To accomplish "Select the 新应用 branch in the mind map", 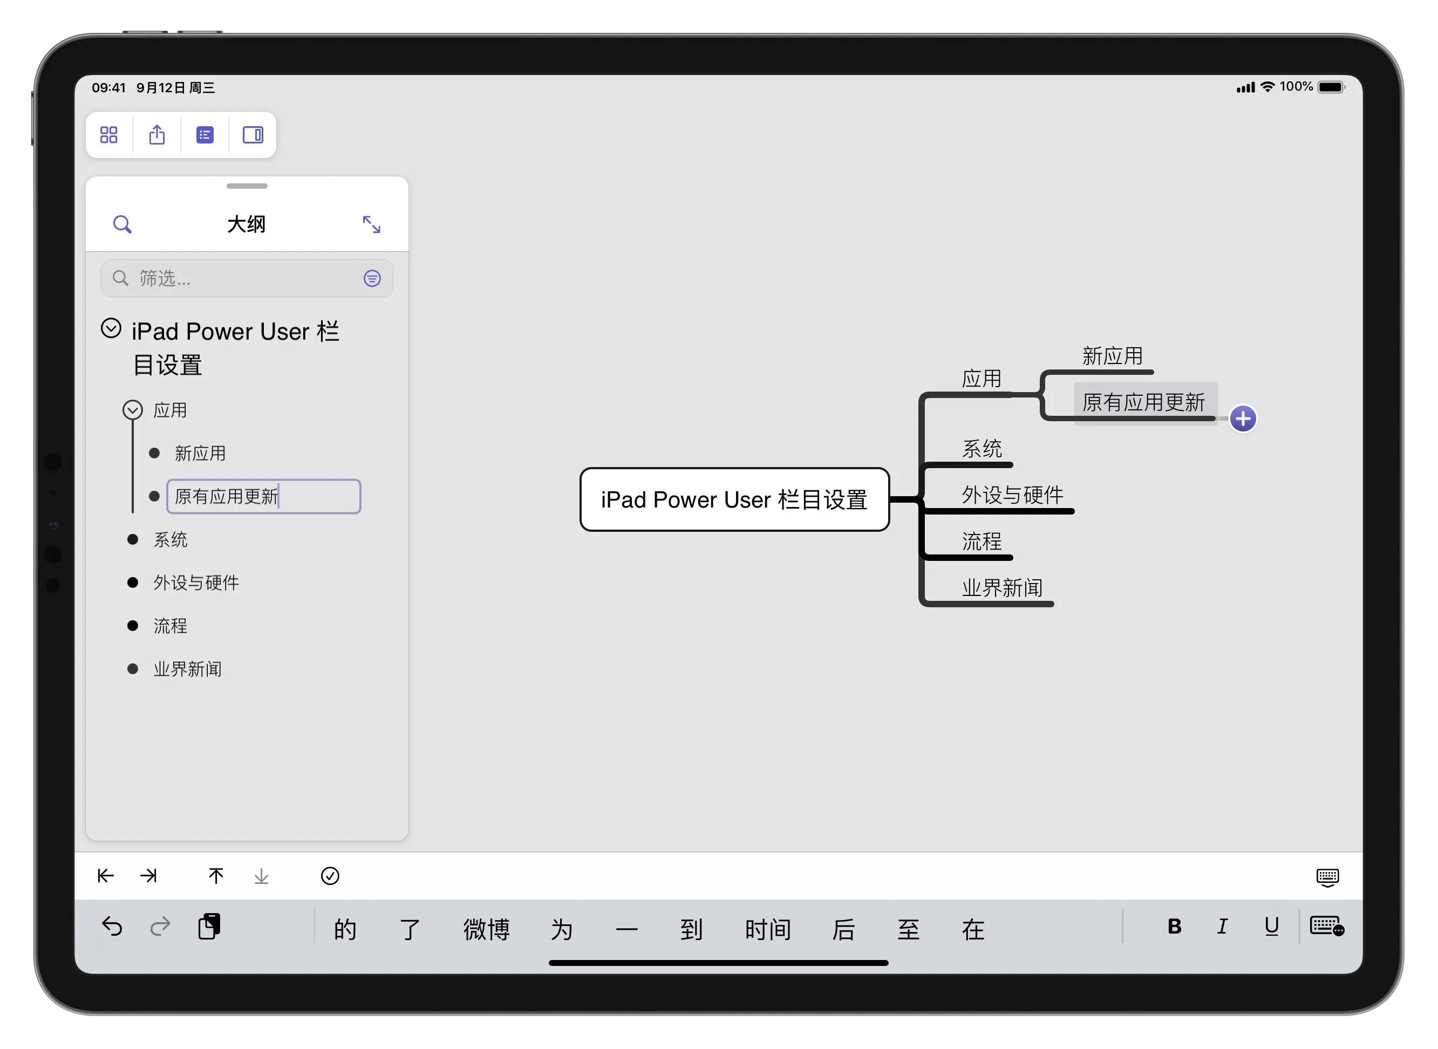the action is (1112, 355).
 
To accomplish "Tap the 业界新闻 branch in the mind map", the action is (1002, 587).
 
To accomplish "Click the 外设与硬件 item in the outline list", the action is (196, 582).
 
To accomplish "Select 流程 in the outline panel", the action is (170, 626).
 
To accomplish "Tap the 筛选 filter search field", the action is (247, 278).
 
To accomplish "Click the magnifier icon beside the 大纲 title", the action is (122, 224).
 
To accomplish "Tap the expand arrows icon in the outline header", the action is (372, 224).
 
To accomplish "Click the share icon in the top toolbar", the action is (157, 135).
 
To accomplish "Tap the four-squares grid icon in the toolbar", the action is (108, 135).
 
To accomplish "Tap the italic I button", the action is (1222, 927).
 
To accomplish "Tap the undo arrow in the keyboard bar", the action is (112, 927).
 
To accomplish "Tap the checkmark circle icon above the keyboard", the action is (330, 876).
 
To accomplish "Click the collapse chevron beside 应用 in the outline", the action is (132, 409).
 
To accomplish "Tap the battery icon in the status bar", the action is (1332, 87).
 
